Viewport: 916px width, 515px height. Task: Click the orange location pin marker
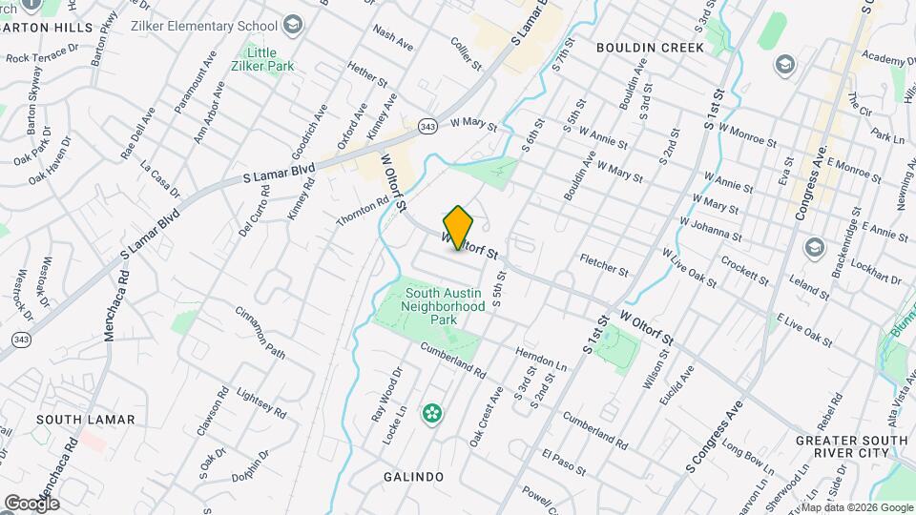[x=458, y=227]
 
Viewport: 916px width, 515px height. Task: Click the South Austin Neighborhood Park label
[x=443, y=306]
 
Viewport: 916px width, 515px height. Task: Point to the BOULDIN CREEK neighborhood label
[x=650, y=47]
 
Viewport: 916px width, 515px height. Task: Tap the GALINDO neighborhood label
[x=413, y=476]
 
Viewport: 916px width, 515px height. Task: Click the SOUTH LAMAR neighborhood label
[x=86, y=419]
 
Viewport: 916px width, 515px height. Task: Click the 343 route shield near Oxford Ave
[x=427, y=126]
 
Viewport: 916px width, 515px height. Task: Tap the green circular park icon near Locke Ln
[x=432, y=413]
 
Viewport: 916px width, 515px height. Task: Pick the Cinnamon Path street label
[x=260, y=332]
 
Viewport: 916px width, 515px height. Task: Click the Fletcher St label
[x=603, y=265]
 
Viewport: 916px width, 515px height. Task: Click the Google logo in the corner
[x=31, y=503]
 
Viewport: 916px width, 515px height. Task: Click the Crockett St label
[x=745, y=269]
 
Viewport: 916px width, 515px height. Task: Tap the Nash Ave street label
[x=393, y=38]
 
